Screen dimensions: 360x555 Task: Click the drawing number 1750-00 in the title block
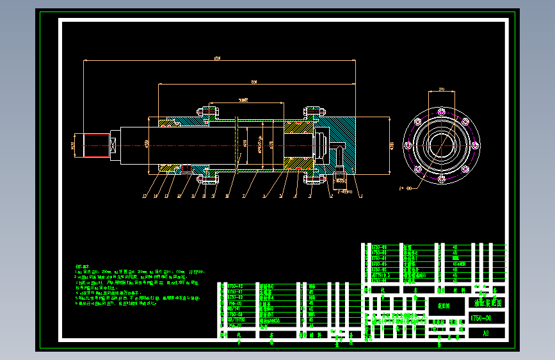(481, 318)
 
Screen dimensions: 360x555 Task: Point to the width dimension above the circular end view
(441, 90)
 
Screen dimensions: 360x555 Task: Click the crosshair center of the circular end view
(441, 145)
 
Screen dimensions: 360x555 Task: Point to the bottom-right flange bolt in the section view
(312, 178)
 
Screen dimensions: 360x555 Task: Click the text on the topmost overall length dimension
(218, 59)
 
